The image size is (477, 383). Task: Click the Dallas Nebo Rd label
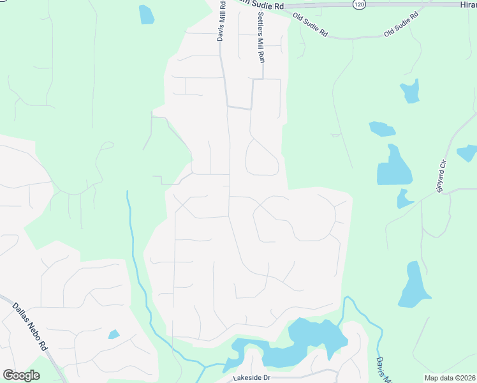pos(30,326)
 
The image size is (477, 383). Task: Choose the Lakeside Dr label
pos(252,378)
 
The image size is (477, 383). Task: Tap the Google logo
pos(21,375)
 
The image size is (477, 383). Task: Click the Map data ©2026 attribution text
pos(450,378)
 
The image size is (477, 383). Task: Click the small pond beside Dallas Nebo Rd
pos(114,334)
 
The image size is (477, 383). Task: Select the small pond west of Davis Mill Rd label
pos(147,14)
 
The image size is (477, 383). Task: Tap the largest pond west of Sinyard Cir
pos(395,167)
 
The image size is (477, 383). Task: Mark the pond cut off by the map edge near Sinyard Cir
pos(467,153)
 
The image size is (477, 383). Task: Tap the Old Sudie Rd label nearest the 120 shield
pos(310,24)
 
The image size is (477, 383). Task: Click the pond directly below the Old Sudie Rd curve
pos(410,91)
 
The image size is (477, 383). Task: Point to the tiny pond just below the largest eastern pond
pos(403,199)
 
